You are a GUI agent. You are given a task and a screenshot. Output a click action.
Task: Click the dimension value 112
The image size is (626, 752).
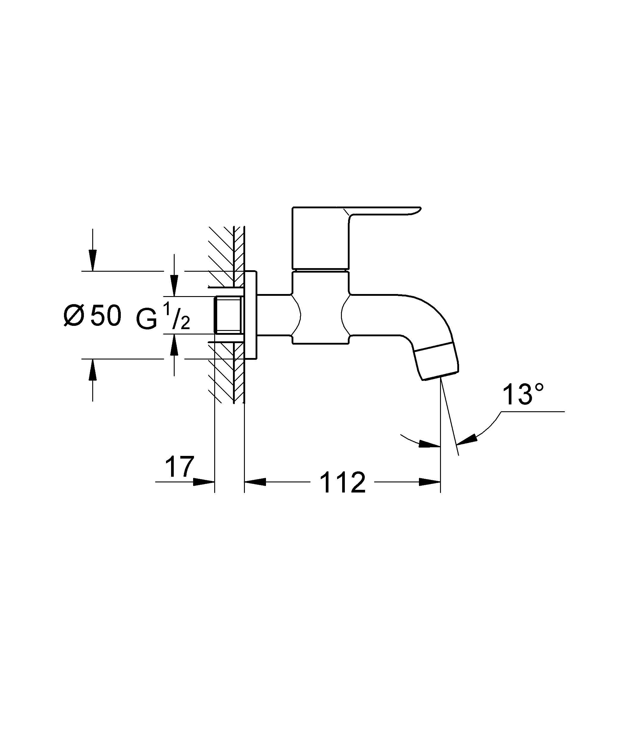(x=342, y=482)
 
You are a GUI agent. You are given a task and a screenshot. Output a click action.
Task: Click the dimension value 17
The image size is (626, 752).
(x=179, y=467)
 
